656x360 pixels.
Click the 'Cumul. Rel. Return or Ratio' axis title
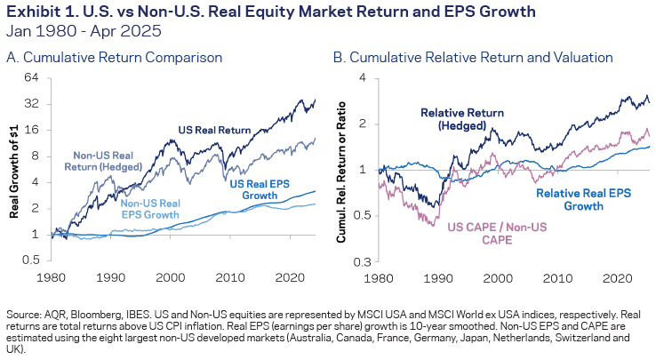(343, 169)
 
